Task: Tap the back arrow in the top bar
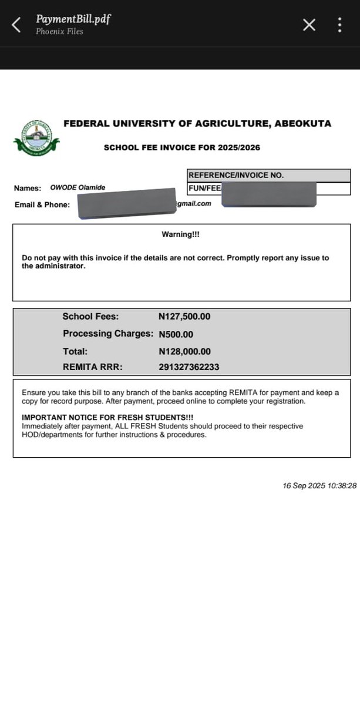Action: point(16,25)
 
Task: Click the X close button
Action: point(309,25)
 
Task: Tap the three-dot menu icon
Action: point(340,25)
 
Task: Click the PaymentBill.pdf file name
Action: point(73,19)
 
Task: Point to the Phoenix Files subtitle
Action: point(59,32)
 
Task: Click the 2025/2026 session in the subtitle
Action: point(237,147)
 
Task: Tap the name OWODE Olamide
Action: point(78,187)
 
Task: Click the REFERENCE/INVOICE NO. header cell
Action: point(235,175)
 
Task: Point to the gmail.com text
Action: point(194,204)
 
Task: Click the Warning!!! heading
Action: point(181,234)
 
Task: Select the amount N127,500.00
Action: point(184,317)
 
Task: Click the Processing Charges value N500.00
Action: point(176,334)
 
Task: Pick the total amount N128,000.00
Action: point(184,351)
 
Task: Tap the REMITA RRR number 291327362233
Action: point(189,367)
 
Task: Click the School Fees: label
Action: point(90,317)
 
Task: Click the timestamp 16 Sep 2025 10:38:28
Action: point(319,486)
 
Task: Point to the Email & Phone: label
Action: point(42,204)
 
